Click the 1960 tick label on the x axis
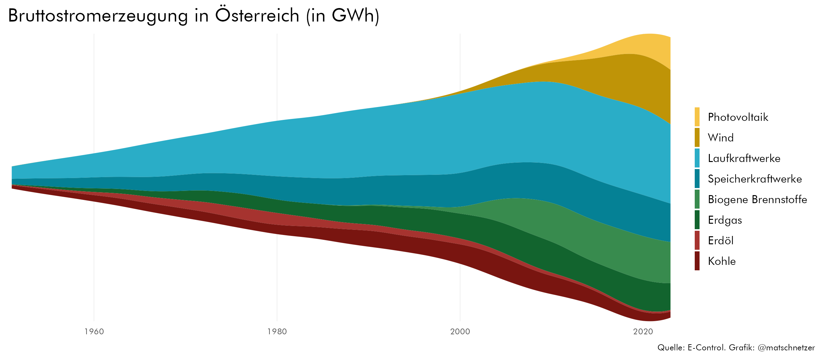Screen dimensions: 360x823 94,331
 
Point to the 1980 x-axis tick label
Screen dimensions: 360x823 277,331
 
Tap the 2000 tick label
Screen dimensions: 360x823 460,331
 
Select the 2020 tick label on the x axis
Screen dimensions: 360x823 643,331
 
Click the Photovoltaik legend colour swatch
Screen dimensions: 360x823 697,117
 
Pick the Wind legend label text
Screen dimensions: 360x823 721,138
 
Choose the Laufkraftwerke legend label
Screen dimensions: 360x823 744,158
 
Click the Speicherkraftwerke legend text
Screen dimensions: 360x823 755,179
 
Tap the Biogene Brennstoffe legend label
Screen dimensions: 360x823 757,199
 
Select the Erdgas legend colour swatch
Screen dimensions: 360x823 697,220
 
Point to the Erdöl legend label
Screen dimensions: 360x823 721,240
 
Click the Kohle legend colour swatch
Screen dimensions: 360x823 697,261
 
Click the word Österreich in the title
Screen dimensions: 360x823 257,15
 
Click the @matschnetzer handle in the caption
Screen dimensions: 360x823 786,347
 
